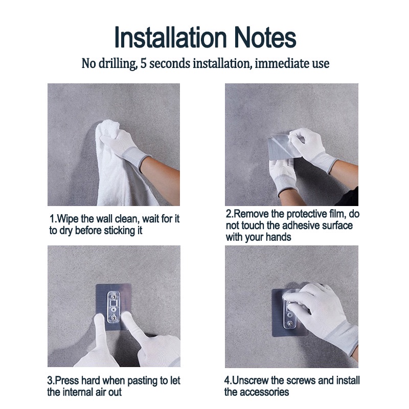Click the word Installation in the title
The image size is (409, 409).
(x=171, y=37)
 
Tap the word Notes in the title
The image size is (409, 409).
(x=265, y=37)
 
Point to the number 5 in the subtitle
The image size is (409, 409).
(x=143, y=63)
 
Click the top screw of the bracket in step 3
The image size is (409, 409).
(x=113, y=296)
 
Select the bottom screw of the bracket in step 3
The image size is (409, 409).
(x=113, y=317)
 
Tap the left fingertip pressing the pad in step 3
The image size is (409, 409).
(x=99, y=317)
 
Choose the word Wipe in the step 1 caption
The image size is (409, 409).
(x=68, y=219)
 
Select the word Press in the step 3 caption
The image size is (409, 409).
(x=67, y=380)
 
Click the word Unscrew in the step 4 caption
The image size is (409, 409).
(x=250, y=380)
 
